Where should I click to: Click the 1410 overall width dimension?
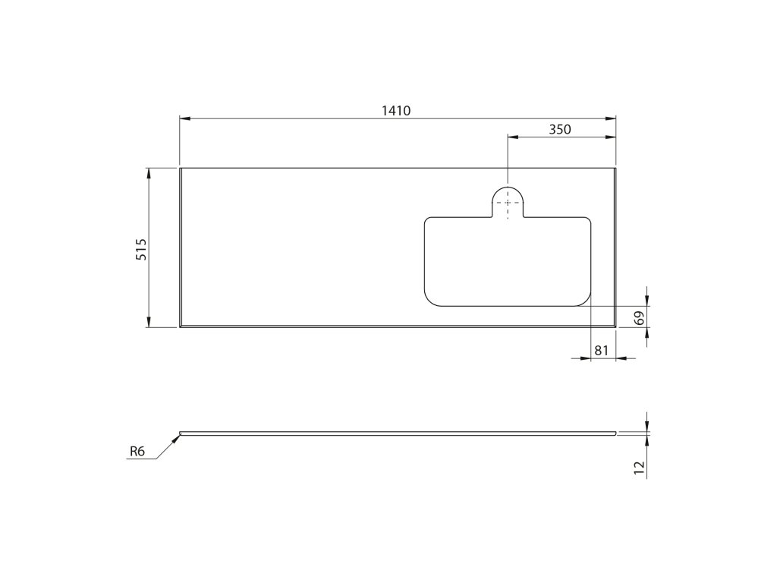(396, 111)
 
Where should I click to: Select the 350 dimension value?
(560, 129)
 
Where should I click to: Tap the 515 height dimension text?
(141, 249)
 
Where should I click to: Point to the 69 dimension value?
(639, 317)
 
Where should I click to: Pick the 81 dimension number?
(601, 350)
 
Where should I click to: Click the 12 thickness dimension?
(639, 468)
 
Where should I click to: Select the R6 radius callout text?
(137, 451)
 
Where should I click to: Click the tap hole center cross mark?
(508, 203)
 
